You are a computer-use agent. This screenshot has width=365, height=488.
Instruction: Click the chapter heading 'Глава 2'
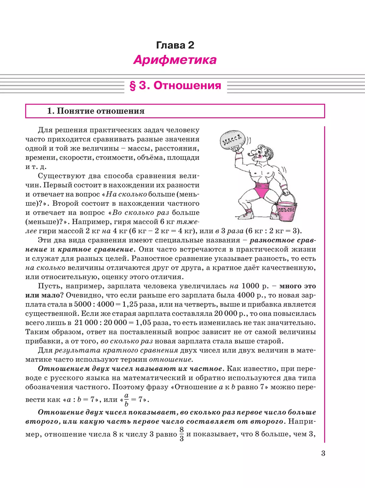pyautogui.click(x=175, y=45)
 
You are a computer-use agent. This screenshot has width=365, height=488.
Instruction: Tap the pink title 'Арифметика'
pyautogui.click(x=175, y=60)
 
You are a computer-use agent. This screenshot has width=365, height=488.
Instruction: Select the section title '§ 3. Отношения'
pyautogui.click(x=176, y=85)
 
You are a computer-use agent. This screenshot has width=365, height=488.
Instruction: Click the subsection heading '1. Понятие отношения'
pyautogui.click(x=96, y=111)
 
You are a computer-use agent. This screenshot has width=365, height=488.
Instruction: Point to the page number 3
pyautogui.click(x=323, y=453)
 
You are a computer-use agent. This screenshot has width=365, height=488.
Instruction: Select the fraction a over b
pyautogui.click(x=126, y=400)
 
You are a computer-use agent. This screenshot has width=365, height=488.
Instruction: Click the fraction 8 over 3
pyautogui.click(x=182, y=434)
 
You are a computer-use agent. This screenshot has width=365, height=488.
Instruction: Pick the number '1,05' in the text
pyautogui.click(x=143, y=322)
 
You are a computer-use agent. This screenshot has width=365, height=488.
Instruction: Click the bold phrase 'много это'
pyautogui.click(x=297, y=286)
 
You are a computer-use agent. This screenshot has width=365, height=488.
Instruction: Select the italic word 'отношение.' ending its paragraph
pyautogui.click(x=171, y=359)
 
